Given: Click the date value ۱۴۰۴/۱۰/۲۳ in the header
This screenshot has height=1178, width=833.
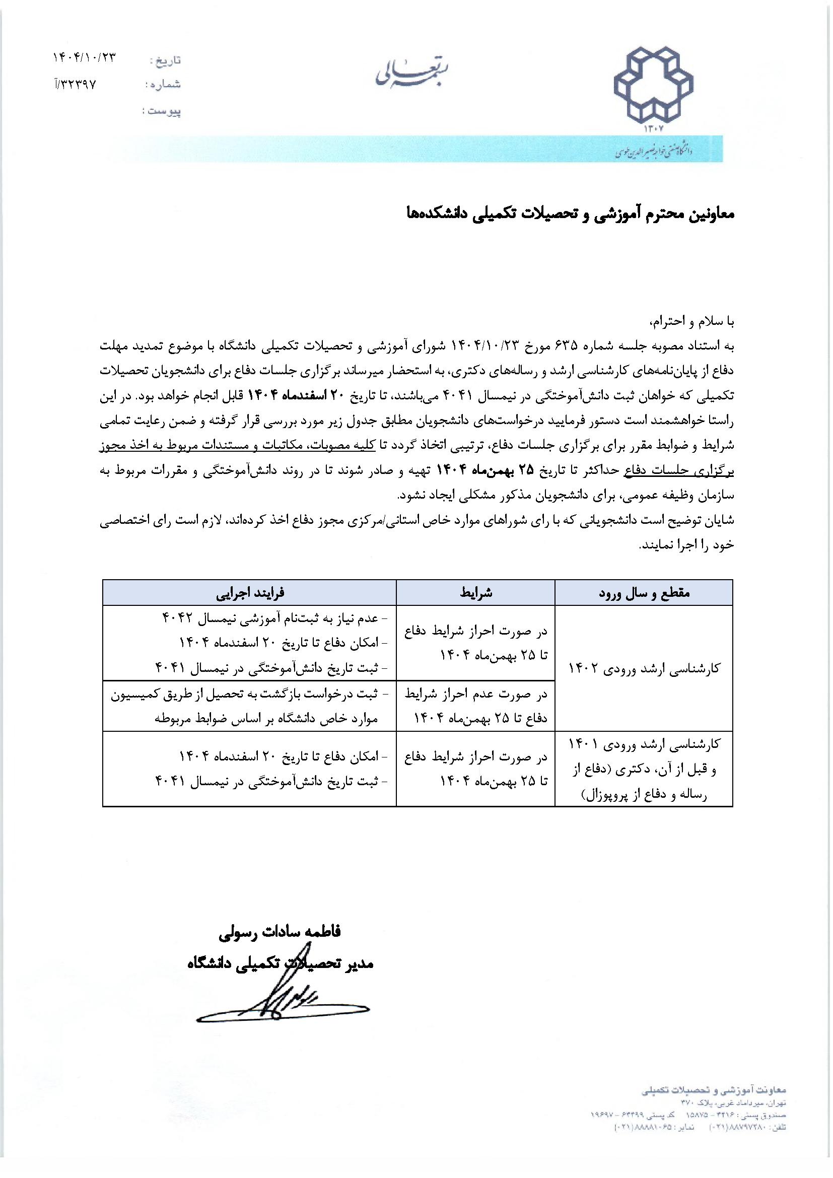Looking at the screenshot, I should [x=85, y=58].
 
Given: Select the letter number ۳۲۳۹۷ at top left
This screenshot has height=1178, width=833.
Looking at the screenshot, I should [x=76, y=84].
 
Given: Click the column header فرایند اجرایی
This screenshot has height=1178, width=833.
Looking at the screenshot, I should [x=249, y=593].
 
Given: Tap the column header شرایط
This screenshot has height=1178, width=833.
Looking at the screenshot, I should [x=475, y=593].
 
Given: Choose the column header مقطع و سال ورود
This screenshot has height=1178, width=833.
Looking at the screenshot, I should [x=644, y=593].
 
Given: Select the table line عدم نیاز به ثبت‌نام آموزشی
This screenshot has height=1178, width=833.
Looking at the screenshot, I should [x=272, y=619].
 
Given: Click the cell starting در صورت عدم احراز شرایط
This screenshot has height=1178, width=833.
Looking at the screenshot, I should [x=475, y=706].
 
